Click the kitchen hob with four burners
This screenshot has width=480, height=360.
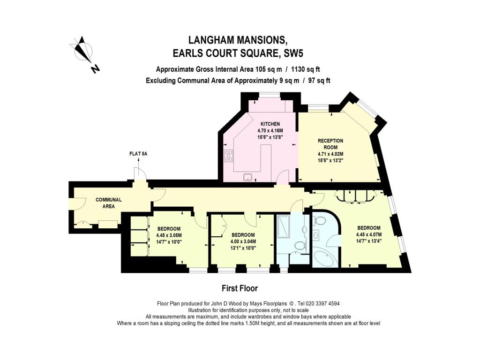[229, 156]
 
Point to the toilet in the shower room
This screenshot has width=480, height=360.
[300, 245]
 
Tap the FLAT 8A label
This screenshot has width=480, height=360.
[138, 154]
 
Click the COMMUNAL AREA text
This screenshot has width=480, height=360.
[109, 202]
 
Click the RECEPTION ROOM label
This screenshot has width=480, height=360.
[330, 143]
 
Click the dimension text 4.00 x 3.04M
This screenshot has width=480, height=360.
[243, 242]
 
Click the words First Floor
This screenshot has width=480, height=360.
[240, 288]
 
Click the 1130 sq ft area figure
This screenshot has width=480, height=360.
[305, 69]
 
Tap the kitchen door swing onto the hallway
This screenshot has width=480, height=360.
[284, 178]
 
